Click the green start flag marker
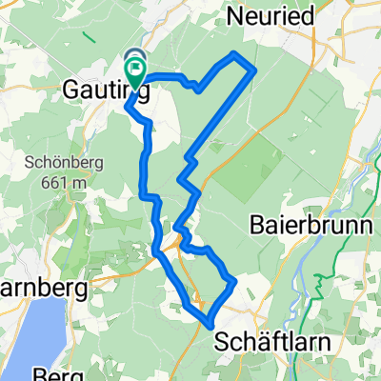click(136, 69)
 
